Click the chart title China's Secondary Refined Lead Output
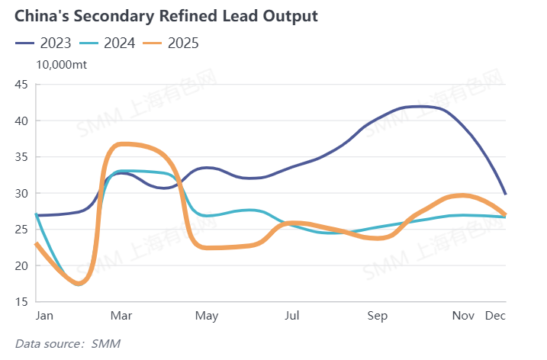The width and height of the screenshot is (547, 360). pyautogui.click(x=166, y=15)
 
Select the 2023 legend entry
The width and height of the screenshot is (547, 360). pyautogui.click(x=44, y=43)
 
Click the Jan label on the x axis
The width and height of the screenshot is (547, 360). pyautogui.click(x=44, y=316)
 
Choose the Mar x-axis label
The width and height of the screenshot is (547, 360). pyautogui.click(x=122, y=316)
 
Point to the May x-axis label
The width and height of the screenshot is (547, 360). pyautogui.click(x=208, y=316)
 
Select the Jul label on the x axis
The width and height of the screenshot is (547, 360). pyautogui.click(x=291, y=316)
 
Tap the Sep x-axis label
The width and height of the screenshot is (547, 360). pyautogui.click(x=378, y=316)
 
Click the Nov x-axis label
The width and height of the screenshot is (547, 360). pyautogui.click(x=463, y=316)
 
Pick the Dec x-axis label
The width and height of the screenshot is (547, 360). pyautogui.click(x=496, y=316)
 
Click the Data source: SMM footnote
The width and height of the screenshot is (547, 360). pyautogui.click(x=68, y=345)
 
